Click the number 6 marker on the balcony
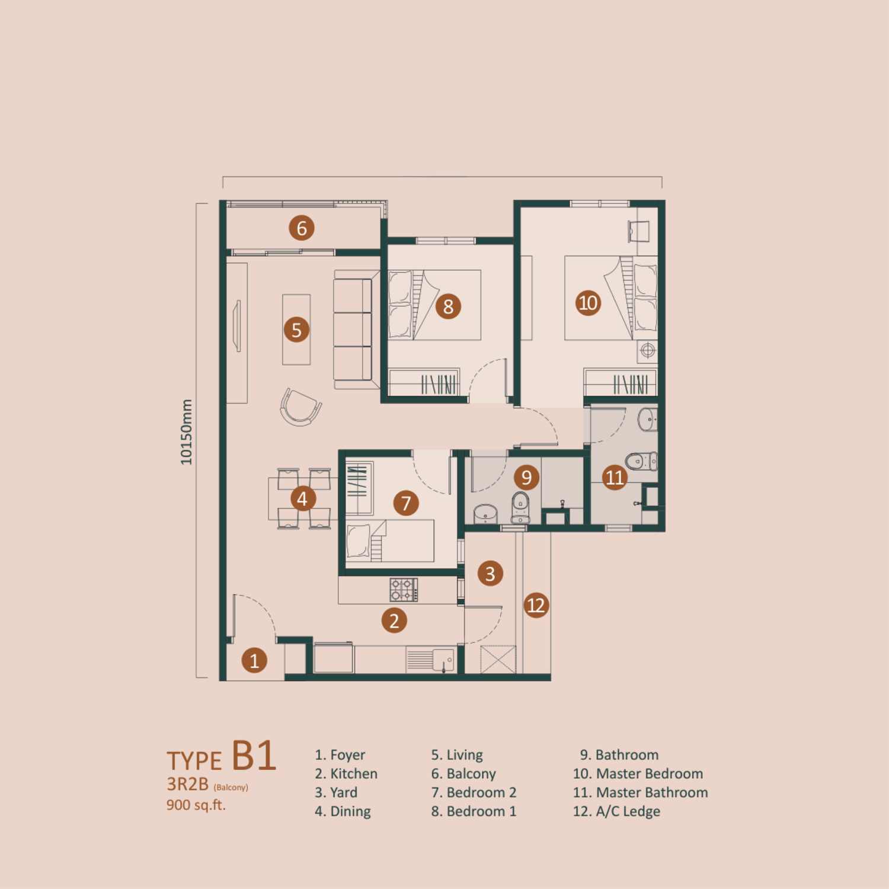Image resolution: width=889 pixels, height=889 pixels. pyautogui.click(x=302, y=228)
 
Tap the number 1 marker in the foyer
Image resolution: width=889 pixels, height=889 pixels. pyautogui.click(x=254, y=660)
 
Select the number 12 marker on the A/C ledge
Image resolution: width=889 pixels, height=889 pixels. pyautogui.click(x=536, y=605)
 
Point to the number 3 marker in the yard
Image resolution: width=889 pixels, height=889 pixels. pyautogui.click(x=490, y=574)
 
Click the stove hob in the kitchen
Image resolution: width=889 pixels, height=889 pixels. pyautogui.click(x=404, y=590)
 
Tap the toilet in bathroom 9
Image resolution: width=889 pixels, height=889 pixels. pyautogui.click(x=520, y=507)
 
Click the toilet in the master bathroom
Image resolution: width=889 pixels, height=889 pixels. pyautogui.click(x=641, y=461)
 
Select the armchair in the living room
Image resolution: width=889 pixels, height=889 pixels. pyautogui.click(x=300, y=407)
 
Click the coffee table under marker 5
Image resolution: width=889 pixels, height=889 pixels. pyautogui.click(x=296, y=330)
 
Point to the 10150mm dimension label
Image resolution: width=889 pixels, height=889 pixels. pyautogui.click(x=186, y=432)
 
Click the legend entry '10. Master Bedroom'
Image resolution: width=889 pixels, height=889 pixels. pyautogui.click(x=638, y=773)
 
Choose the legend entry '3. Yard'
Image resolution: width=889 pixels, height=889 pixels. pyautogui.click(x=336, y=792)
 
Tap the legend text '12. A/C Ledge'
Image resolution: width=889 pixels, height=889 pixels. pyautogui.click(x=616, y=811)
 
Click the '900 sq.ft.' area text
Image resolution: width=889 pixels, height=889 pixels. pyautogui.click(x=196, y=805)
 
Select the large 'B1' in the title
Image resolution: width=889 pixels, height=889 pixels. pyautogui.click(x=254, y=755)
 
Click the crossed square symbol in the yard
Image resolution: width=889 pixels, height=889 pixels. pyautogui.click(x=498, y=660)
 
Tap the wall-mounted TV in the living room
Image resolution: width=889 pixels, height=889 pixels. pyautogui.click(x=238, y=326)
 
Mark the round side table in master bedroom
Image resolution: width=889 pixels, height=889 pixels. pyautogui.click(x=648, y=351)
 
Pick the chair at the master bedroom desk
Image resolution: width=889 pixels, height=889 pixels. pyautogui.click(x=639, y=231)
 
